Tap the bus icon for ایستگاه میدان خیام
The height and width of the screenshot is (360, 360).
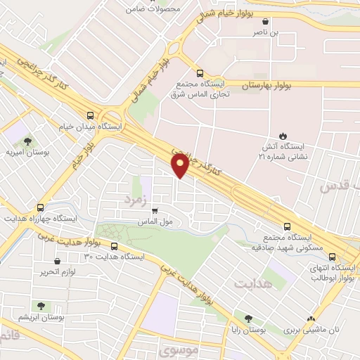[89, 116]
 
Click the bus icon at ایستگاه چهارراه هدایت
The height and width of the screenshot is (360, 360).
[41, 207]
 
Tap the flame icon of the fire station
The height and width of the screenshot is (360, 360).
[283, 136]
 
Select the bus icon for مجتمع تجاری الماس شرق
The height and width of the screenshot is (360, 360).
[200, 72]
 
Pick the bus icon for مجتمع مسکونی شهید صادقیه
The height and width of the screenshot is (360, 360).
[286, 226]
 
